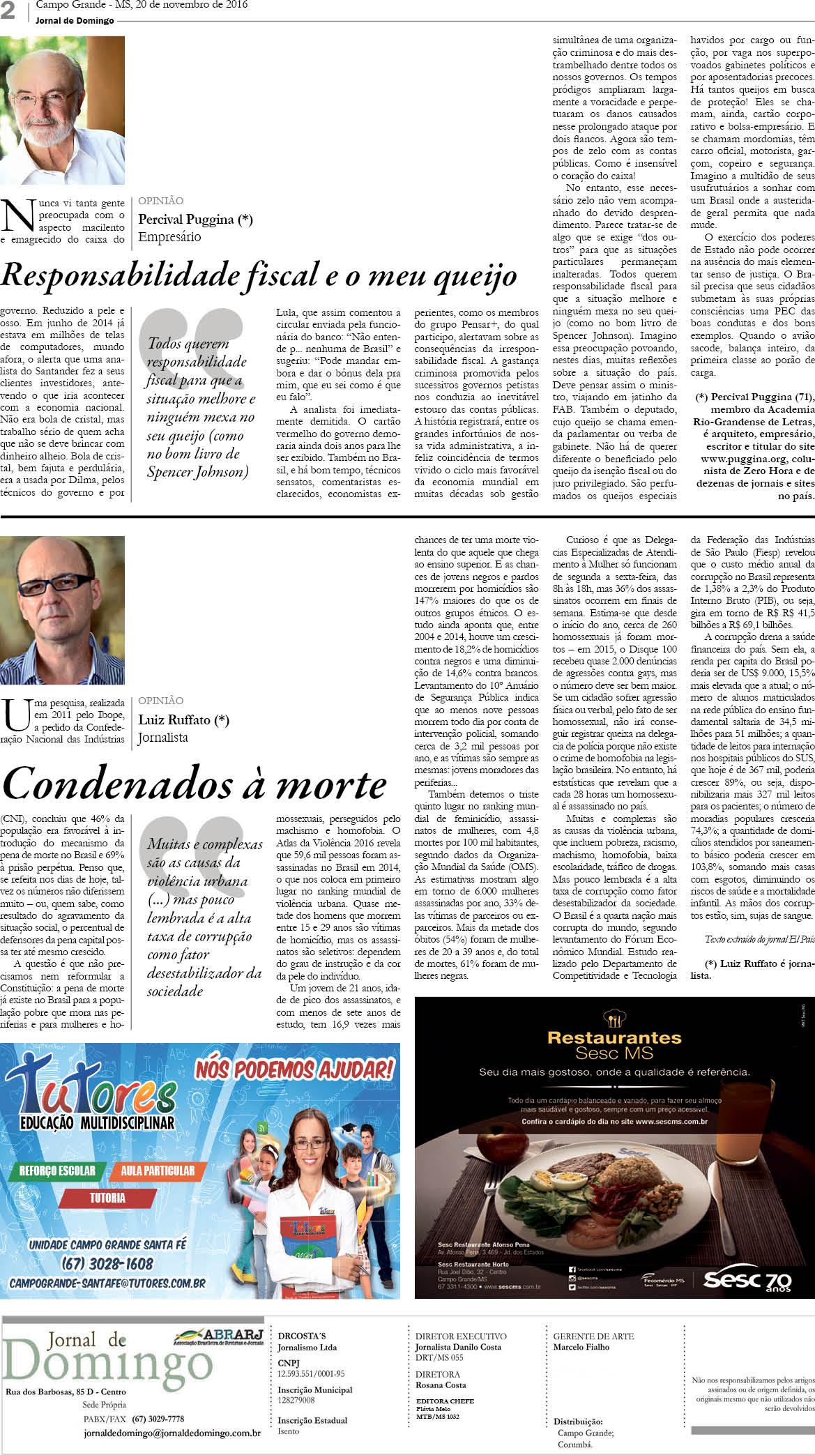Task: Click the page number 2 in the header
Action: (x=8, y=10)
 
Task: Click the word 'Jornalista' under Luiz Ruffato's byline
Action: (x=163, y=738)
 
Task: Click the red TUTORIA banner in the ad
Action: (x=107, y=1198)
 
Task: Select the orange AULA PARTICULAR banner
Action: (x=158, y=1171)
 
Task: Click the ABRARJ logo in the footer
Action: (x=218, y=1336)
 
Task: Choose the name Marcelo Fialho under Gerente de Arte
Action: (x=581, y=1347)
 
